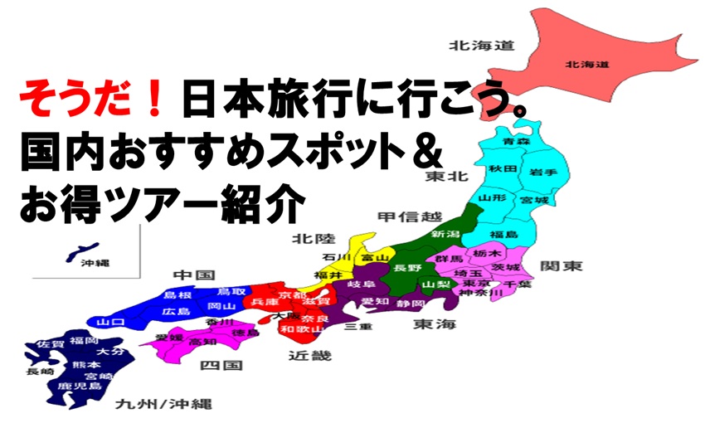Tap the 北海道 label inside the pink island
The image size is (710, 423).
pos(586,63)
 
